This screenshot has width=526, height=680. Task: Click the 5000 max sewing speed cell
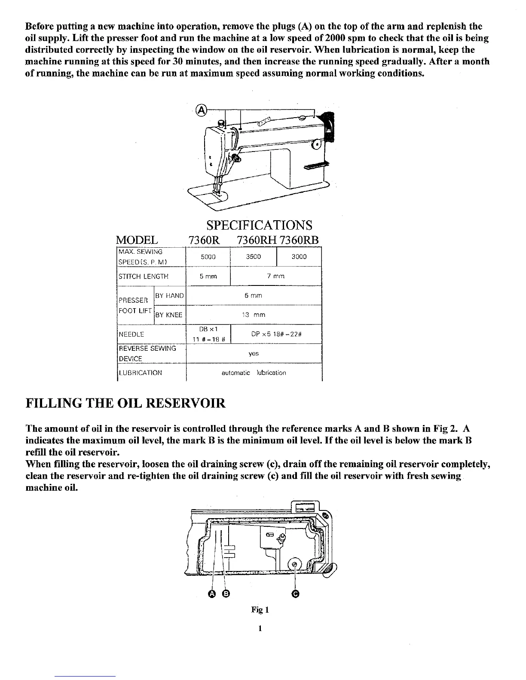(x=208, y=257)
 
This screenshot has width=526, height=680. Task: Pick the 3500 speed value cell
(x=254, y=257)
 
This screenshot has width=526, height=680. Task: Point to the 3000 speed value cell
(x=299, y=257)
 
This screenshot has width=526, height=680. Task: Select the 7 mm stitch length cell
(x=276, y=276)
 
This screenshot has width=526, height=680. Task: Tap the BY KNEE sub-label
(x=169, y=315)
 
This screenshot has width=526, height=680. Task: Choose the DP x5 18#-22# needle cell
(x=276, y=334)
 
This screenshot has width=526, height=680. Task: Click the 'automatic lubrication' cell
(x=254, y=373)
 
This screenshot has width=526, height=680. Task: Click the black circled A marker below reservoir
(x=211, y=594)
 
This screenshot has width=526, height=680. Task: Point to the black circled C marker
(x=295, y=594)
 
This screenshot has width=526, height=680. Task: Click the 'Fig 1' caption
(x=260, y=610)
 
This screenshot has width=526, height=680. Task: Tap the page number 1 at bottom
(x=260, y=629)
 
